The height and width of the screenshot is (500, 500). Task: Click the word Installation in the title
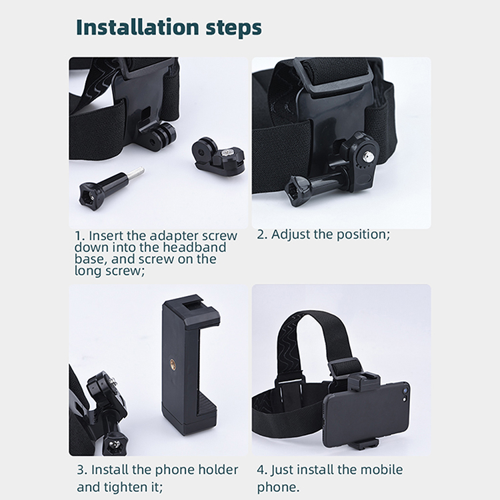(137, 27)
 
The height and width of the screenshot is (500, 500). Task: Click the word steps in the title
(234, 29)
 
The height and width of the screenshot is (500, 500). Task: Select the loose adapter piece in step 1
(219, 156)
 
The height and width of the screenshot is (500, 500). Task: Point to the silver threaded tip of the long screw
(137, 172)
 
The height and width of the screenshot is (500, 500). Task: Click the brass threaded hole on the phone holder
(173, 363)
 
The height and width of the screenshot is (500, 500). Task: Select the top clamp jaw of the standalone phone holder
(191, 311)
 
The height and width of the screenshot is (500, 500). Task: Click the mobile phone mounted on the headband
(367, 413)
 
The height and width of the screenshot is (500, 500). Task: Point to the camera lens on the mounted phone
(405, 391)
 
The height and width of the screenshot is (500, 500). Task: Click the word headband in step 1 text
(195, 247)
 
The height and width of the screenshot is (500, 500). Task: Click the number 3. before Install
(82, 470)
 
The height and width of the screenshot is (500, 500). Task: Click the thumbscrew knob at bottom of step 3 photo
(117, 443)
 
